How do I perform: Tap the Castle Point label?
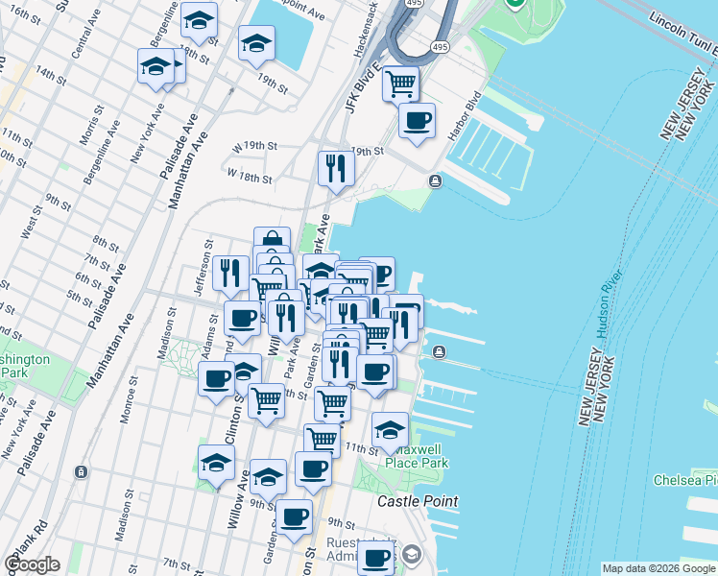pyautogui.click(x=417, y=501)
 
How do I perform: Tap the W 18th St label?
pyautogui.click(x=249, y=178)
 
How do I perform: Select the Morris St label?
pyautogui.click(x=89, y=128)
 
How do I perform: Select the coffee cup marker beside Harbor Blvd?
pyautogui.click(x=417, y=121)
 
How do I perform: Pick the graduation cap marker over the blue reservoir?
pyautogui.click(x=256, y=42)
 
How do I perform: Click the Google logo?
pyautogui.click(x=32, y=564)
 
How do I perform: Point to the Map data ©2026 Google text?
pyautogui.click(x=658, y=568)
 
